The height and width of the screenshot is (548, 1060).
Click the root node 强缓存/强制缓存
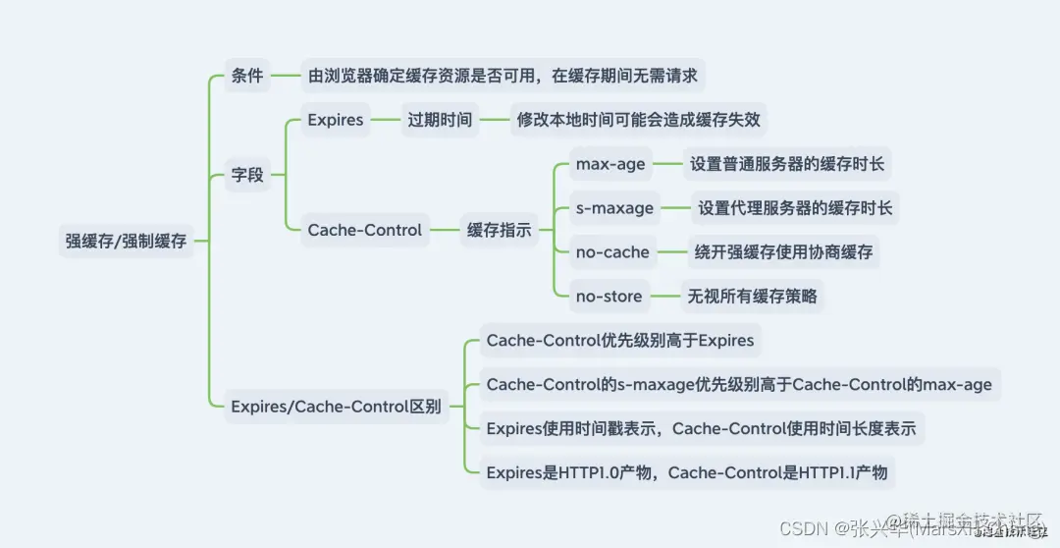(x=126, y=241)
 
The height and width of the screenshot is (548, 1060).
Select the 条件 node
(x=247, y=75)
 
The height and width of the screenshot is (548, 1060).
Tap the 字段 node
(x=247, y=175)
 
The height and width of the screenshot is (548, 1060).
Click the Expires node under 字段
(x=336, y=120)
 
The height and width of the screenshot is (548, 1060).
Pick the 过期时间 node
(x=440, y=120)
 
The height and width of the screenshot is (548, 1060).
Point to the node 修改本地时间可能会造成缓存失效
(x=639, y=120)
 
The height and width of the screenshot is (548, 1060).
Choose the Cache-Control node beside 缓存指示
(x=365, y=230)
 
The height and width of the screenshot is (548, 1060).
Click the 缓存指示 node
(x=499, y=231)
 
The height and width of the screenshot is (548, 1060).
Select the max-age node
(x=610, y=164)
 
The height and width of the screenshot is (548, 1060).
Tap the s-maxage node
(x=615, y=208)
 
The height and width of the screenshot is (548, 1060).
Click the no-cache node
(x=612, y=252)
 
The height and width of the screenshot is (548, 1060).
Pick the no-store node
(x=609, y=297)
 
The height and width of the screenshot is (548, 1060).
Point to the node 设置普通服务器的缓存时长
(x=787, y=164)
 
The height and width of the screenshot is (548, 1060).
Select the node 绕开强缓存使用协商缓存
(x=783, y=252)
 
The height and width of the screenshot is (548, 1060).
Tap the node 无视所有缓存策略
(x=752, y=297)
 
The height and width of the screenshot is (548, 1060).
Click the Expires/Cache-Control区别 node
(x=336, y=407)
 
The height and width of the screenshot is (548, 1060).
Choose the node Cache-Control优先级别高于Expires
(x=620, y=341)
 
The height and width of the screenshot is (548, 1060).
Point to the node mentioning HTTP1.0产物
(x=687, y=472)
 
